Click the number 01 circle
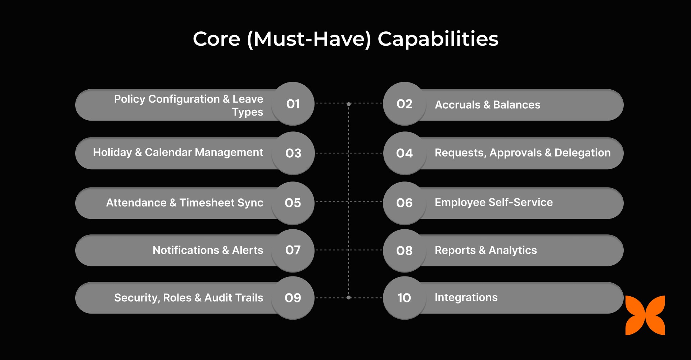point(293,104)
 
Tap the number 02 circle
point(405,104)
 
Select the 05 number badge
point(293,203)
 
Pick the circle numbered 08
point(405,251)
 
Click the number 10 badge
point(405,298)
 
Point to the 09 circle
point(293,298)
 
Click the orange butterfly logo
point(645,315)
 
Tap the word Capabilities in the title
point(438,39)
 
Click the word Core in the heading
point(216,39)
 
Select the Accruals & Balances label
point(487,105)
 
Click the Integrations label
point(466,297)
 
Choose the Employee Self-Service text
point(493,202)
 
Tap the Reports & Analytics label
point(485,250)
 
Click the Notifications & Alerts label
point(208,250)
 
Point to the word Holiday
point(112,153)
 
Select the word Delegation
point(582,153)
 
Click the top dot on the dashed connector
point(348,104)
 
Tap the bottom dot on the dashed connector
point(348,298)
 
